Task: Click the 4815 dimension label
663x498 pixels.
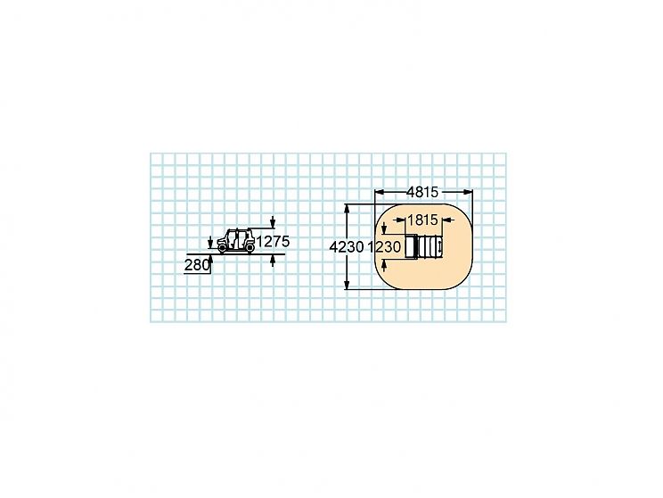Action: point(422,192)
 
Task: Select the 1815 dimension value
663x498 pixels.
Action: point(422,220)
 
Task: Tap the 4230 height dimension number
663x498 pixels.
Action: point(347,247)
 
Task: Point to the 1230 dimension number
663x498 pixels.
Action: point(384,247)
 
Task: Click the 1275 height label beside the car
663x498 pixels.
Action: point(274,242)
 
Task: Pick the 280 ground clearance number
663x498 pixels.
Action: point(197,265)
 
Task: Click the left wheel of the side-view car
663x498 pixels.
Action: point(222,248)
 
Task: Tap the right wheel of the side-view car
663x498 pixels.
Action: point(250,248)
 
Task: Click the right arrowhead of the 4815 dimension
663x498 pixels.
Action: point(469,192)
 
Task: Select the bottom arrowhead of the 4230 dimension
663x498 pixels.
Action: point(348,285)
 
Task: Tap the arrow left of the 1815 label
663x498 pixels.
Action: point(398,220)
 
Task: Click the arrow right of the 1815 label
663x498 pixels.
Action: point(447,220)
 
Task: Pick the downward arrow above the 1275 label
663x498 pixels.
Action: point(273,222)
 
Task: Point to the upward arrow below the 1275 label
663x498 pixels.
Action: point(273,261)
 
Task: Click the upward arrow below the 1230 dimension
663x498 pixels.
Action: point(384,266)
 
